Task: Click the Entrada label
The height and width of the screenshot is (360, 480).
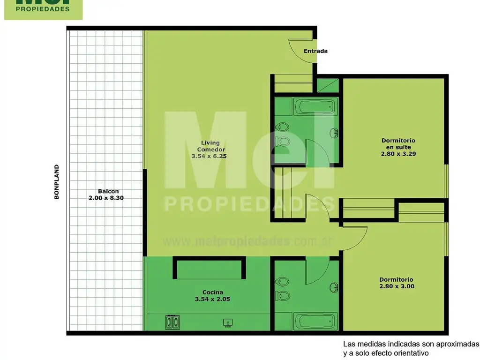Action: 315,51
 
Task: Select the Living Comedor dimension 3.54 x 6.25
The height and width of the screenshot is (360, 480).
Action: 209,157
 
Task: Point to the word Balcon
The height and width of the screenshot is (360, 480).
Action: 108,191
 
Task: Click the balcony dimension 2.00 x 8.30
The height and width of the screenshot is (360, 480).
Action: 108,198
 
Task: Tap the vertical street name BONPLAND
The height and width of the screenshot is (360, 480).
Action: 57,182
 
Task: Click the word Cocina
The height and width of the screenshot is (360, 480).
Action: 212,292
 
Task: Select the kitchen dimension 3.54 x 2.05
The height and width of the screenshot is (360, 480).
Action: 212,299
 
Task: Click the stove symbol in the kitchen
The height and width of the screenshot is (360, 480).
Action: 172,322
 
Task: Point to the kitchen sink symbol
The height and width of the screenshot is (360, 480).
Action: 228,322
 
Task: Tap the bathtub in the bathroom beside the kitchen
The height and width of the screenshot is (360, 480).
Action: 315,322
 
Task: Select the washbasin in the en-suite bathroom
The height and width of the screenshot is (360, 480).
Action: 334,133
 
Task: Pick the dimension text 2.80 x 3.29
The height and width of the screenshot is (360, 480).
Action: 398,153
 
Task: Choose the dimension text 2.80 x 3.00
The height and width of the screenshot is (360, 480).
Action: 397,286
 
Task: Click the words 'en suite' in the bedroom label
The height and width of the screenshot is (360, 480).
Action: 398,147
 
